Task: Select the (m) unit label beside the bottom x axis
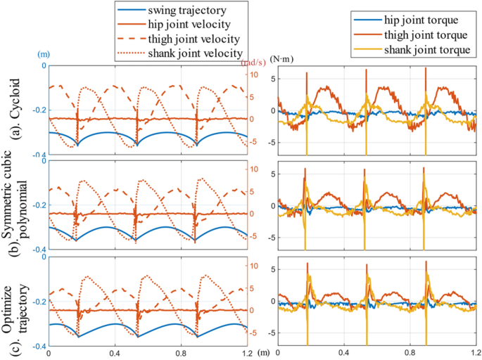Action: (264, 353)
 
